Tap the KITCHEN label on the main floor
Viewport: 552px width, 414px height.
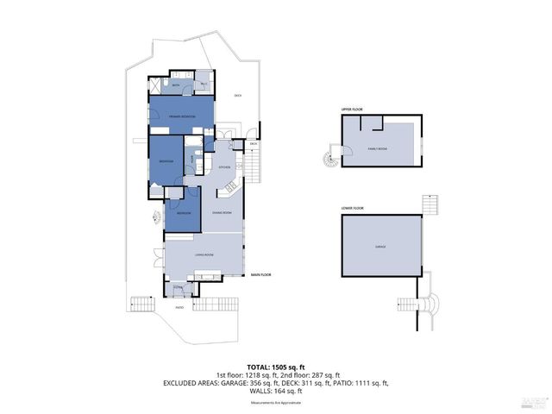click(x=224, y=166)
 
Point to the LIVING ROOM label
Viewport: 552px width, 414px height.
click(x=204, y=255)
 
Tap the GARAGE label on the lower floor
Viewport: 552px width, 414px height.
click(x=380, y=247)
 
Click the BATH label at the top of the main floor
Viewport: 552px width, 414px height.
click(x=175, y=86)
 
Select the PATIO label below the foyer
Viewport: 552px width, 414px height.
click(x=179, y=307)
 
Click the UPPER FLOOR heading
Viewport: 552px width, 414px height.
click(x=351, y=110)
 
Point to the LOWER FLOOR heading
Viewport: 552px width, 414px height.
click(x=352, y=208)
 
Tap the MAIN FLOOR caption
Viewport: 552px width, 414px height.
click(x=261, y=275)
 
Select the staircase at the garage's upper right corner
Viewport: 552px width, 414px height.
click(x=431, y=205)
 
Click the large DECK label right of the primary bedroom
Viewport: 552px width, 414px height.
click(x=237, y=96)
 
